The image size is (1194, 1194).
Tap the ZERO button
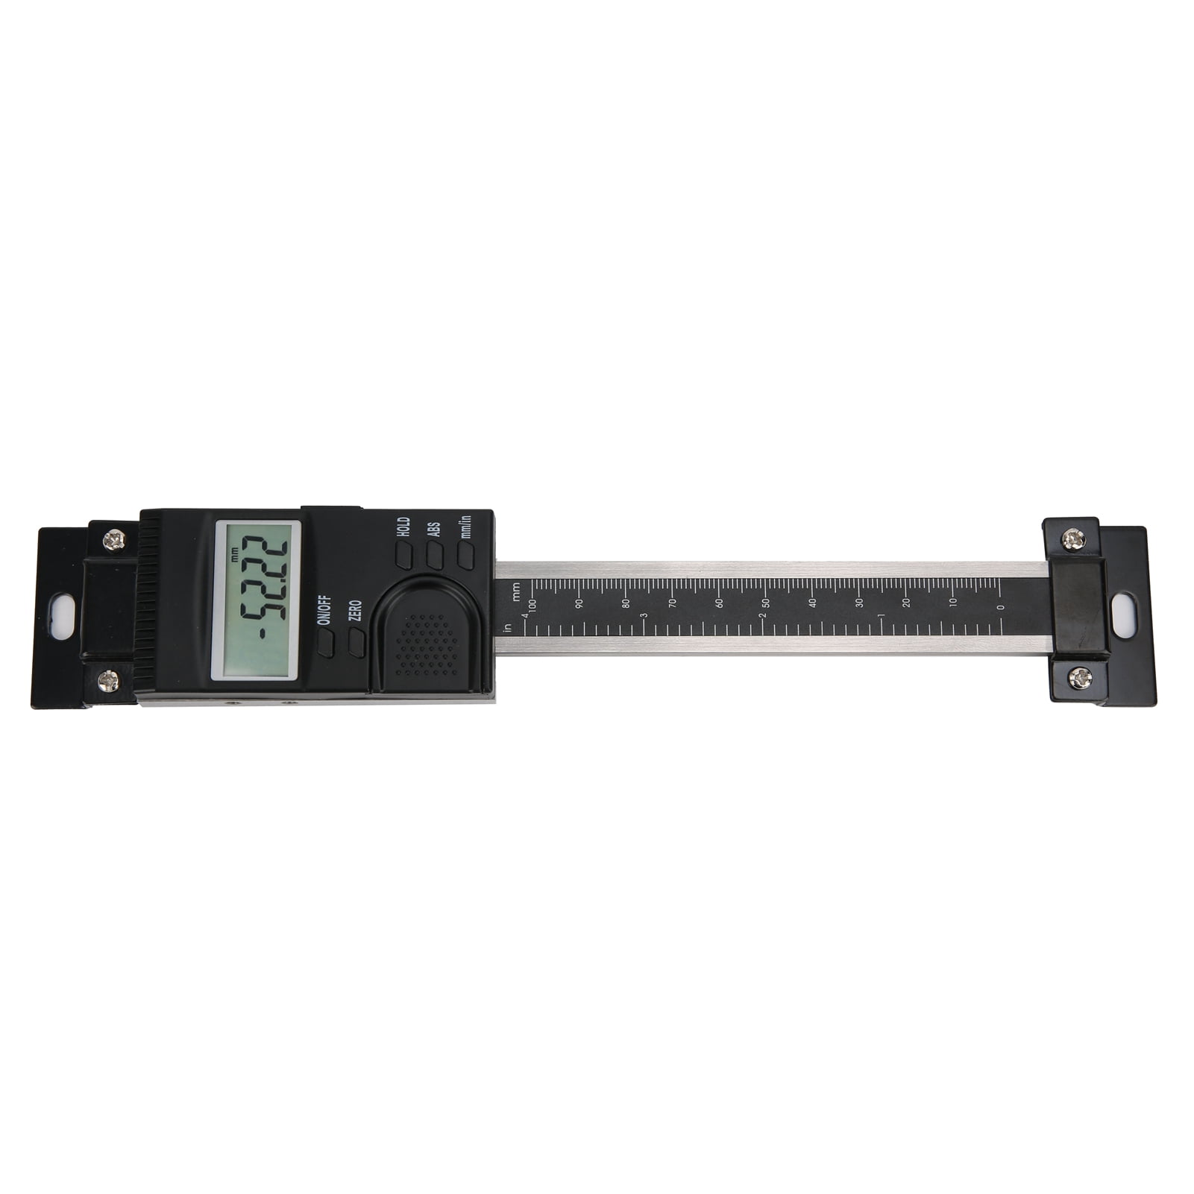[357, 642]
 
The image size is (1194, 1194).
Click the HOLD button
[403, 555]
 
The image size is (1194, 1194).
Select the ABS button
[435, 555]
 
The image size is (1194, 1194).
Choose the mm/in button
[466, 555]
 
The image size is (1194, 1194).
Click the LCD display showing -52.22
[257, 600]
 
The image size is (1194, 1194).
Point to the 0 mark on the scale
[1000, 606]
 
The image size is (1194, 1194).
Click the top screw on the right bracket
[1073, 538]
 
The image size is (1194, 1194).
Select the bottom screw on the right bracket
[1079, 678]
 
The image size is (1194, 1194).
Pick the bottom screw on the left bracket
[109, 679]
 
